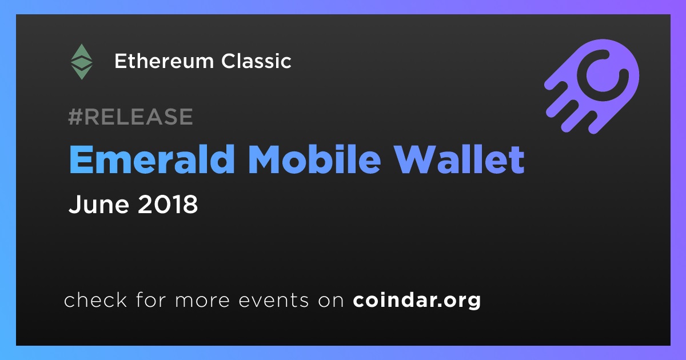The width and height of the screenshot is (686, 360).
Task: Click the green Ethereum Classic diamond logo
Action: pyautogui.click(x=81, y=62)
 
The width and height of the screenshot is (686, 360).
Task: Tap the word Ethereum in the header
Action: pyautogui.click(x=164, y=61)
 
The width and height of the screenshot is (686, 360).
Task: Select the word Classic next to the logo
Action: pyautogui.click(x=256, y=61)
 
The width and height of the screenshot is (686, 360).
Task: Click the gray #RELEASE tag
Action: pyautogui.click(x=130, y=117)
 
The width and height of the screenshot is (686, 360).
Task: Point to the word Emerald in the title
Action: pyautogui.click(x=152, y=159)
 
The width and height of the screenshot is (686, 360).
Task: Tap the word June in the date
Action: pyautogui.click(x=98, y=204)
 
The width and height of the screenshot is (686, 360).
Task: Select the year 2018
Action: pyautogui.click(x=168, y=204)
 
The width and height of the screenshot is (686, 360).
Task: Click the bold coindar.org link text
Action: pyautogui.click(x=417, y=301)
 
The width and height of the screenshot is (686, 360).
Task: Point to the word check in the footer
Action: pyautogui.click(x=95, y=299)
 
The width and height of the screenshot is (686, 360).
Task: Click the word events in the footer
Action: pyautogui.click(x=274, y=301)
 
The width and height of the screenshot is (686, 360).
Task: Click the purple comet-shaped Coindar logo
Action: pyautogui.click(x=592, y=86)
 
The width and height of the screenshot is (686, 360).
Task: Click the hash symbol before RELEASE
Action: pyautogui.click(x=75, y=117)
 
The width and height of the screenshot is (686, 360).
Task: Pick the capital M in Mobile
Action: pyautogui.click(x=266, y=159)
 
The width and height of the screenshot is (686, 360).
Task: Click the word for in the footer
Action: pyautogui.click(x=151, y=299)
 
